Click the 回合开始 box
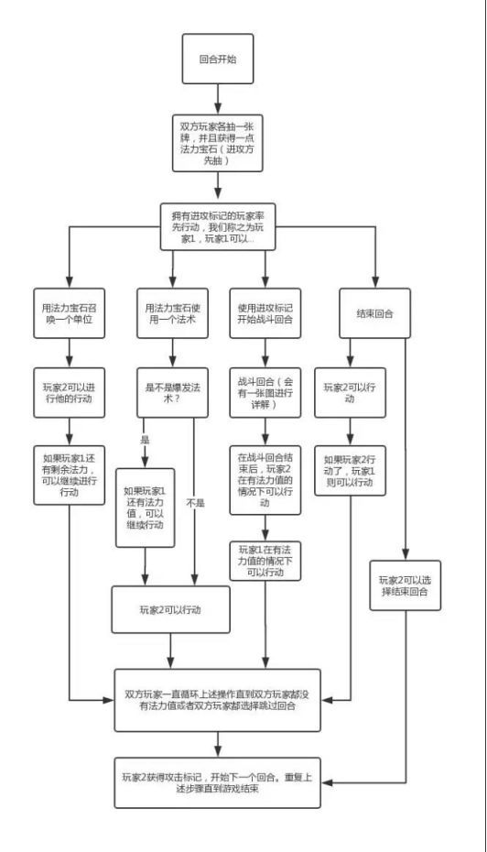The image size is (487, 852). pyautogui.click(x=218, y=59)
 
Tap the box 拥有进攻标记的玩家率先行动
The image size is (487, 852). pyautogui.click(x=218, y=226)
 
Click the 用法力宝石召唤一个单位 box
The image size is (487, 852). pyautogui.click(x=69, y=313)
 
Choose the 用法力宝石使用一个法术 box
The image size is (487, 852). pyautogui.click(x=172, y=313)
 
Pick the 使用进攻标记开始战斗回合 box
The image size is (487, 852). pyautogui.click(x=265, y=313)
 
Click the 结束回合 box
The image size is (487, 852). pyautogui.click(x=374, y=313)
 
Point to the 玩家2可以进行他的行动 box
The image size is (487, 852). pyautogui.click(x=69, y=393)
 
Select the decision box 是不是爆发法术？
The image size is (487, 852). pyautogui.click(x=172, y=393)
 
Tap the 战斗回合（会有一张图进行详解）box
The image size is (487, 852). pyautogui.click(x=265, y=393)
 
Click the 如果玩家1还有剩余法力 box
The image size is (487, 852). pyautogui.click(x=69, y=475)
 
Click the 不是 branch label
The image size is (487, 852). pyautogui.click(x=196, y=503)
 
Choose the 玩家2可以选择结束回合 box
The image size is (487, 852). pyautogui.click(x=406, y=585)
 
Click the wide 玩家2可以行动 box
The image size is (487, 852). pyautogui.click(x=170, y=609)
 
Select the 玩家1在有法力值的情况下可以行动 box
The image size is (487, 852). pyautogui.click(x=265, y=562)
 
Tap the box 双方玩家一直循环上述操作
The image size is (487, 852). pyautogui.click(x=218, y=701)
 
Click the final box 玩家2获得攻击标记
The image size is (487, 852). pyautogui.click(x=218, y=783)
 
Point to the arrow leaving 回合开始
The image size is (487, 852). pyautogui.click(x=218, y=100)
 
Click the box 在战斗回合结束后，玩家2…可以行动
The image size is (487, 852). pyautogui.click(x=265, y=480)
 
